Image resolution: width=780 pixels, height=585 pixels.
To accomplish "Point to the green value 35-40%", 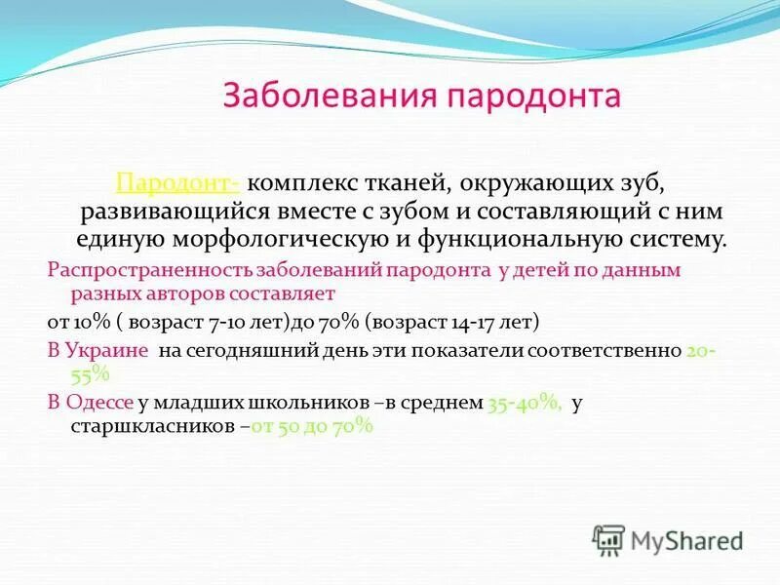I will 524,403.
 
